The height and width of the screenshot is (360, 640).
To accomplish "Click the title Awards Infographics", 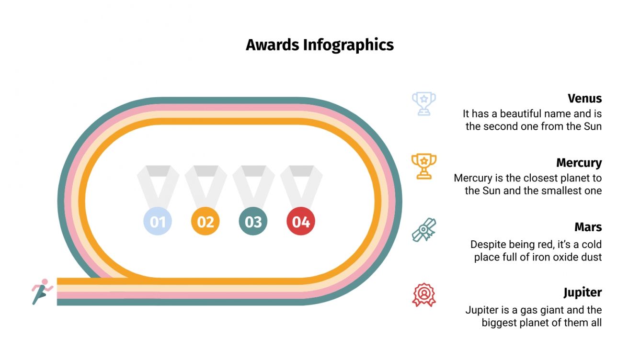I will pyautogui.click(x=320, y=45).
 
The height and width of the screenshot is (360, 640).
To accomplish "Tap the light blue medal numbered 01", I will pyautogui.click(x=158, y=222).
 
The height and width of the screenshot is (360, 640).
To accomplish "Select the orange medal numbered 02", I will pyautogui.click(x=206, y=222).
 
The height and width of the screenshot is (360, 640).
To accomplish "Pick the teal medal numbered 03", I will pyautogui.click(x=253, y=222).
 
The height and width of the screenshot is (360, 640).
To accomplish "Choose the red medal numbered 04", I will pyautogui.click(x=301, y=222).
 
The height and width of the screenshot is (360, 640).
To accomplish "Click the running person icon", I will pyautogui.click(x=42, y=291).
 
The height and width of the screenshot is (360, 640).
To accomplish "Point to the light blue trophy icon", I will pyautogui.click(x=424, y=103).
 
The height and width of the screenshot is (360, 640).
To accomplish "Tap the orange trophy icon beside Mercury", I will pyautogui.click(x=424, y=166).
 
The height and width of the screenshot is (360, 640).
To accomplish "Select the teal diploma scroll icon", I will pyautogui.click(x=424, y=230).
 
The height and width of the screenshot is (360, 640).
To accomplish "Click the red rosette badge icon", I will pyautogui.click(x=424, y=294).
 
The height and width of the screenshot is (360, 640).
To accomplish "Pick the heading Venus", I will pyautogui.click(x=584, y=99).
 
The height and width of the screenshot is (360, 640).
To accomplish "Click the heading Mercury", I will pyautogui.click(x=579, y=163).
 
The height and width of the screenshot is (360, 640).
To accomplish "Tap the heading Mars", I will pyautogui.click(x=588, y=226).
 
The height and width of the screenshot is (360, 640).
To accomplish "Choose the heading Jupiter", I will pyautogui.click(x=582, y=292).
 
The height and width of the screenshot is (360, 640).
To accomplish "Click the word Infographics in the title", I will pyautogui.click(x=348, y=45).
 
